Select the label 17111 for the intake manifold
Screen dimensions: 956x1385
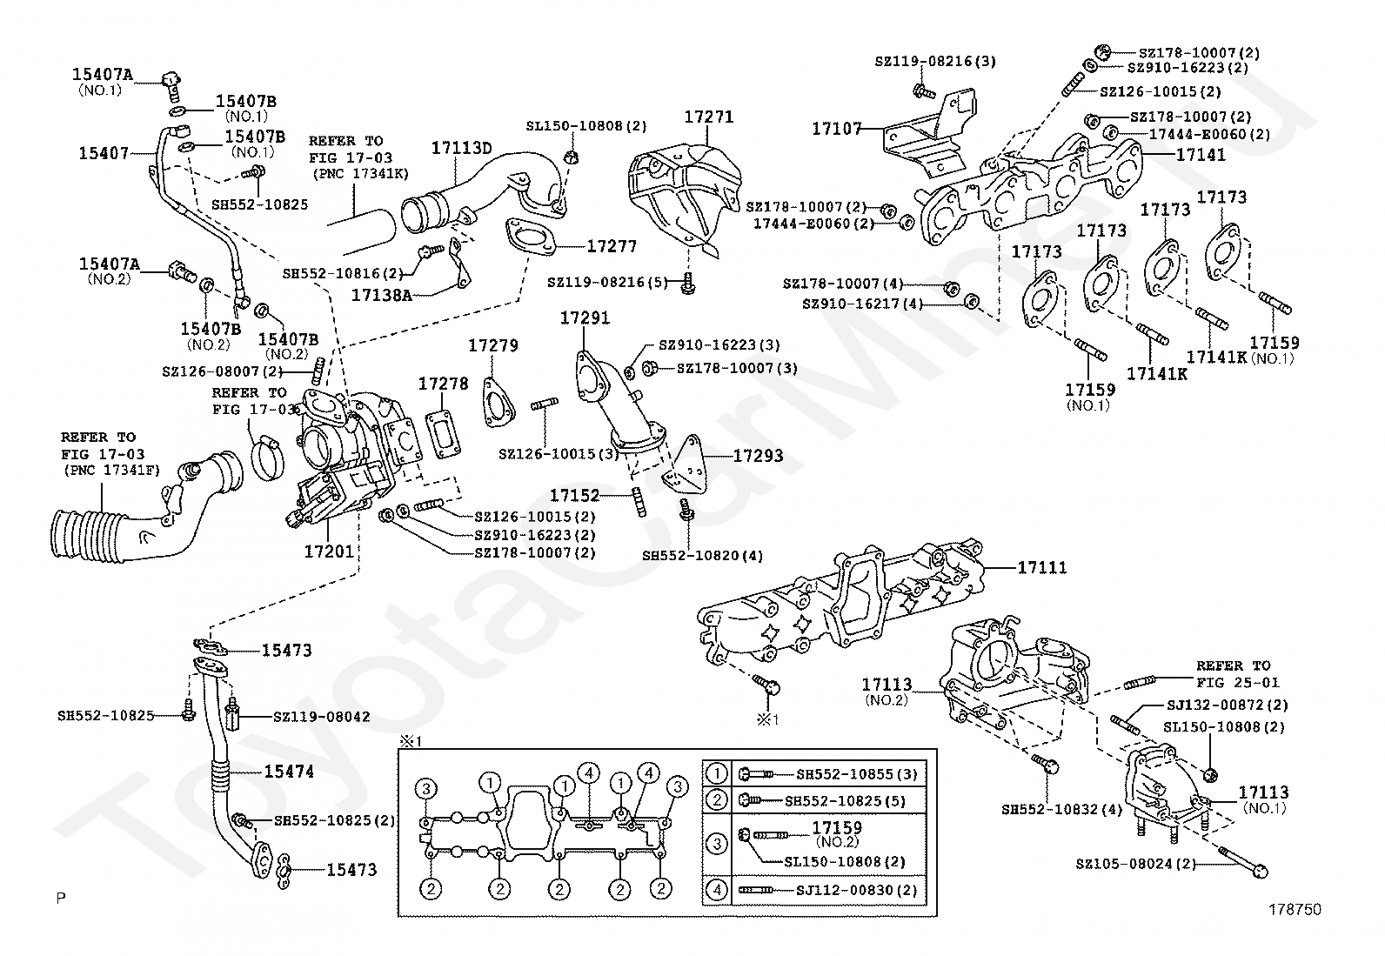(x=1042, y=567)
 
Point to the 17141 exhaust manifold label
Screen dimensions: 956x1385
(x=1201, y=155)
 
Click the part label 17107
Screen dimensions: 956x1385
(x=837, y=129)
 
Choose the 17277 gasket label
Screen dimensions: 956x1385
(x=612, y=246)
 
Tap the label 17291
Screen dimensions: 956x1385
(x=585, y=318)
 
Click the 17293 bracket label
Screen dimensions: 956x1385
(x=758, y=455)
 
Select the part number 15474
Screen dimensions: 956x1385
(x=289, y=771)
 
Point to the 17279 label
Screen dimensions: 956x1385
(x=493, y=345)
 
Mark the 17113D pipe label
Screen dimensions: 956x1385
(x=461, y=148)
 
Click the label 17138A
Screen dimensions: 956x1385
(x=381, y=295)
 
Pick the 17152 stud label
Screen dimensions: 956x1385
(x=574, y=495)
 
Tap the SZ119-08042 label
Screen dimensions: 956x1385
(x=321, y=717)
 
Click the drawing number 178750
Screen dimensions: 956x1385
(x=1295, y=910)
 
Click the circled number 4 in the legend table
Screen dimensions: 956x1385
(x=717, y=890)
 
